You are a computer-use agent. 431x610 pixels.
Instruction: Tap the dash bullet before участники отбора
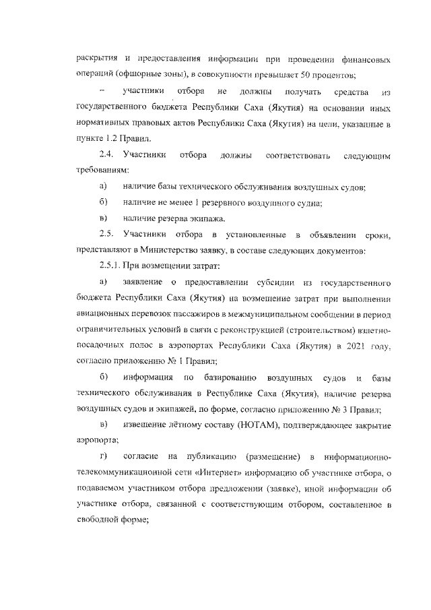point(102,90)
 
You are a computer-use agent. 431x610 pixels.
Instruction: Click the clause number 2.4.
point(106,156)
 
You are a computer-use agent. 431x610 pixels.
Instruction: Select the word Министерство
point(192,251)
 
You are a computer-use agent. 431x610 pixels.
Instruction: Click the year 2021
point(357,347)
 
